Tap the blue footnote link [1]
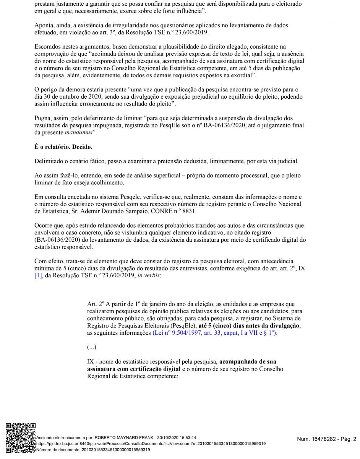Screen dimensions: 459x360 [x=38, y=275]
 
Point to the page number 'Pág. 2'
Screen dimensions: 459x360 [x=348, y=439]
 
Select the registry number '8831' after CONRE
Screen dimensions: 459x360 [x=191, y=211]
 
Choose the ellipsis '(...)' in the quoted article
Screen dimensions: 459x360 [x=92, y=347]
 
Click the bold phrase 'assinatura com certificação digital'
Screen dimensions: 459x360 [x=134, y=369]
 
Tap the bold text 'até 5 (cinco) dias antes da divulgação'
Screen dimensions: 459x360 [x=250, y=326]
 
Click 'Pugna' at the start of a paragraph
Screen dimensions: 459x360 [x=43, y=118]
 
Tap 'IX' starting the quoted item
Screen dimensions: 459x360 [x=91, y=361]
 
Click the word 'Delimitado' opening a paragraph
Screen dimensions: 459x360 [x=49, y=161]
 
